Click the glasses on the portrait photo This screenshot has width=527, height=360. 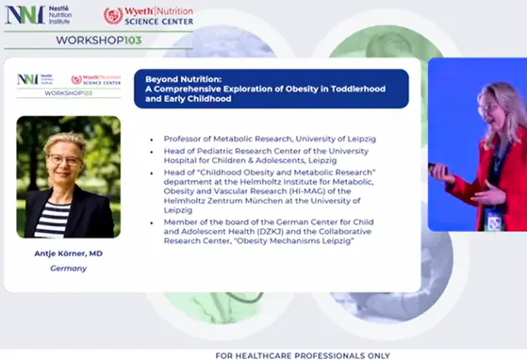(64, 159)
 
